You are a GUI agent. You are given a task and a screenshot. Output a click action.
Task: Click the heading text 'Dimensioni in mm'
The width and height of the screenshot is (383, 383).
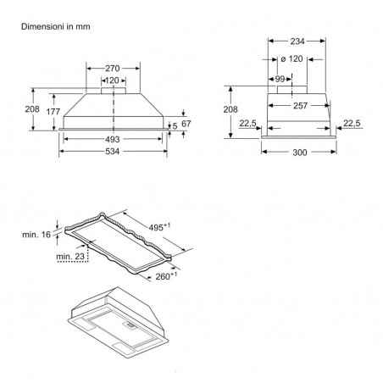(x=56, y=27)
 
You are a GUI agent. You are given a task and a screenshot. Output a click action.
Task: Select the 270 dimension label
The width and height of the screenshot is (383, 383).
(x=113, y=69)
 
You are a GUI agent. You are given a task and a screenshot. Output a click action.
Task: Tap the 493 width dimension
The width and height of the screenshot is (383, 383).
(x=113, y=139)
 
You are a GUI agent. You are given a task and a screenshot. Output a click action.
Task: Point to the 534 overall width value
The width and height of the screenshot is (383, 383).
(x=113, y=152)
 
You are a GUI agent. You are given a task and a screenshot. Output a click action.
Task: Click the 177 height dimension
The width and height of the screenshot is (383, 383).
(x=53, y=112)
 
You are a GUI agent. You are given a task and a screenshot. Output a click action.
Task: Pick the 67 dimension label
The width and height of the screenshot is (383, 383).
(x=186, y=124)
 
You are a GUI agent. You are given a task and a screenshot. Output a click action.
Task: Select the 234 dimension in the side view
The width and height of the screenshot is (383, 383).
(x=297, y=42)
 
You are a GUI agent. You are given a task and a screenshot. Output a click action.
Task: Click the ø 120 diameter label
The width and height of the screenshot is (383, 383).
(x=292, y=59)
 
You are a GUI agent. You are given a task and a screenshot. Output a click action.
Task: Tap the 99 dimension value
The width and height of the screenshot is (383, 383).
(x=280, y=80)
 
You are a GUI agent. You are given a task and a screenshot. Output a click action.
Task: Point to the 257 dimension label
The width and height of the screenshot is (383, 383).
(x=300, y=106)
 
